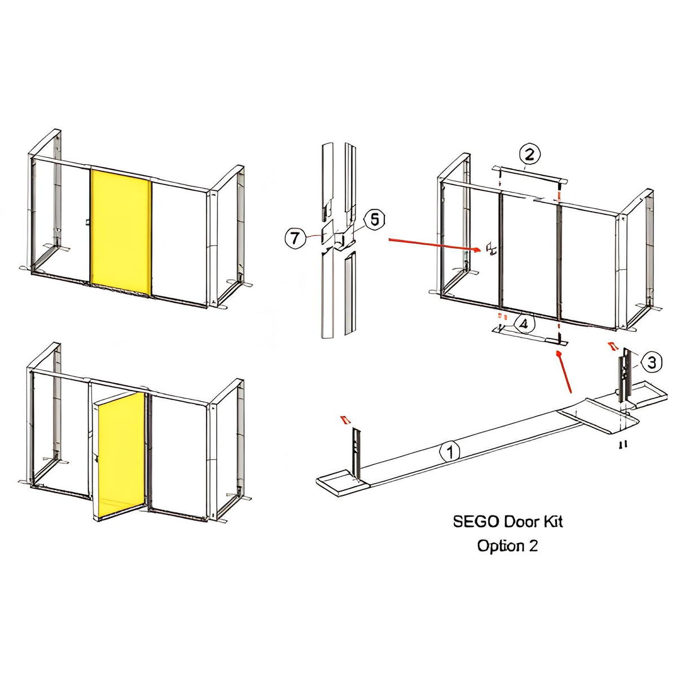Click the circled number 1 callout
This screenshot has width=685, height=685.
450,452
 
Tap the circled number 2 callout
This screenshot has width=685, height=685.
530,155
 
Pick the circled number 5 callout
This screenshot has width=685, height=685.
374,220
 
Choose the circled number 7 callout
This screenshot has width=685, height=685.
296,238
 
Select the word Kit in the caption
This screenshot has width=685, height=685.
553,522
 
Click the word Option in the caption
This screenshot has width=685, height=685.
500,546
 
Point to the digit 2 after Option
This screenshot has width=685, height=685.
533,546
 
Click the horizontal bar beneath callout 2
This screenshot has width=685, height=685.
530,174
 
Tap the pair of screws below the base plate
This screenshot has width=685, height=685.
623,444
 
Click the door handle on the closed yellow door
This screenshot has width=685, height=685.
88,222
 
